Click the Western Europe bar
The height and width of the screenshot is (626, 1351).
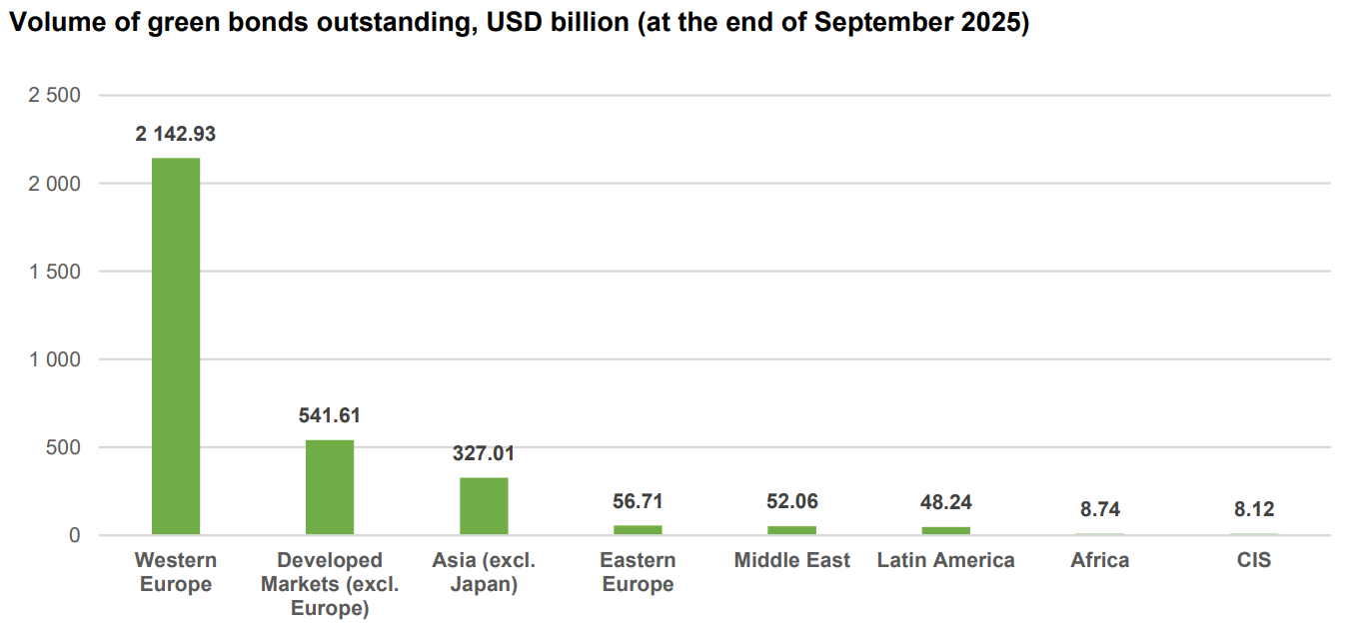176,345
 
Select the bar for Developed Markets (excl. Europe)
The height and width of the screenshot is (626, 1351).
330,487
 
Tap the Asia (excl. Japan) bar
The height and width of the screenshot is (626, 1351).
484,506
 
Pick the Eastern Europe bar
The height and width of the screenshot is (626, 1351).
638,529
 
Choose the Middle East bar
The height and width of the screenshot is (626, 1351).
791,530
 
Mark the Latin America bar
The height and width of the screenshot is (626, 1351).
945,530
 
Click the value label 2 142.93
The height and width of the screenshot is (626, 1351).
176,134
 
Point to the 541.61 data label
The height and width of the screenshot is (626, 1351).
330,415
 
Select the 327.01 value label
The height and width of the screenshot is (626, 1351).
484,453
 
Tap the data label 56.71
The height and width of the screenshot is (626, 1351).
638,501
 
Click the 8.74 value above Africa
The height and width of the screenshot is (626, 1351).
1100,509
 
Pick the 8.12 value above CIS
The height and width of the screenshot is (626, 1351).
1254,509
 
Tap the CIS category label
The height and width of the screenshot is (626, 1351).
1254,560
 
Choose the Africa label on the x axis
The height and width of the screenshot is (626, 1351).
1100,560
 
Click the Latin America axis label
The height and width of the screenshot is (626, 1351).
945,560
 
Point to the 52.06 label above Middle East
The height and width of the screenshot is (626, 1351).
791,501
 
